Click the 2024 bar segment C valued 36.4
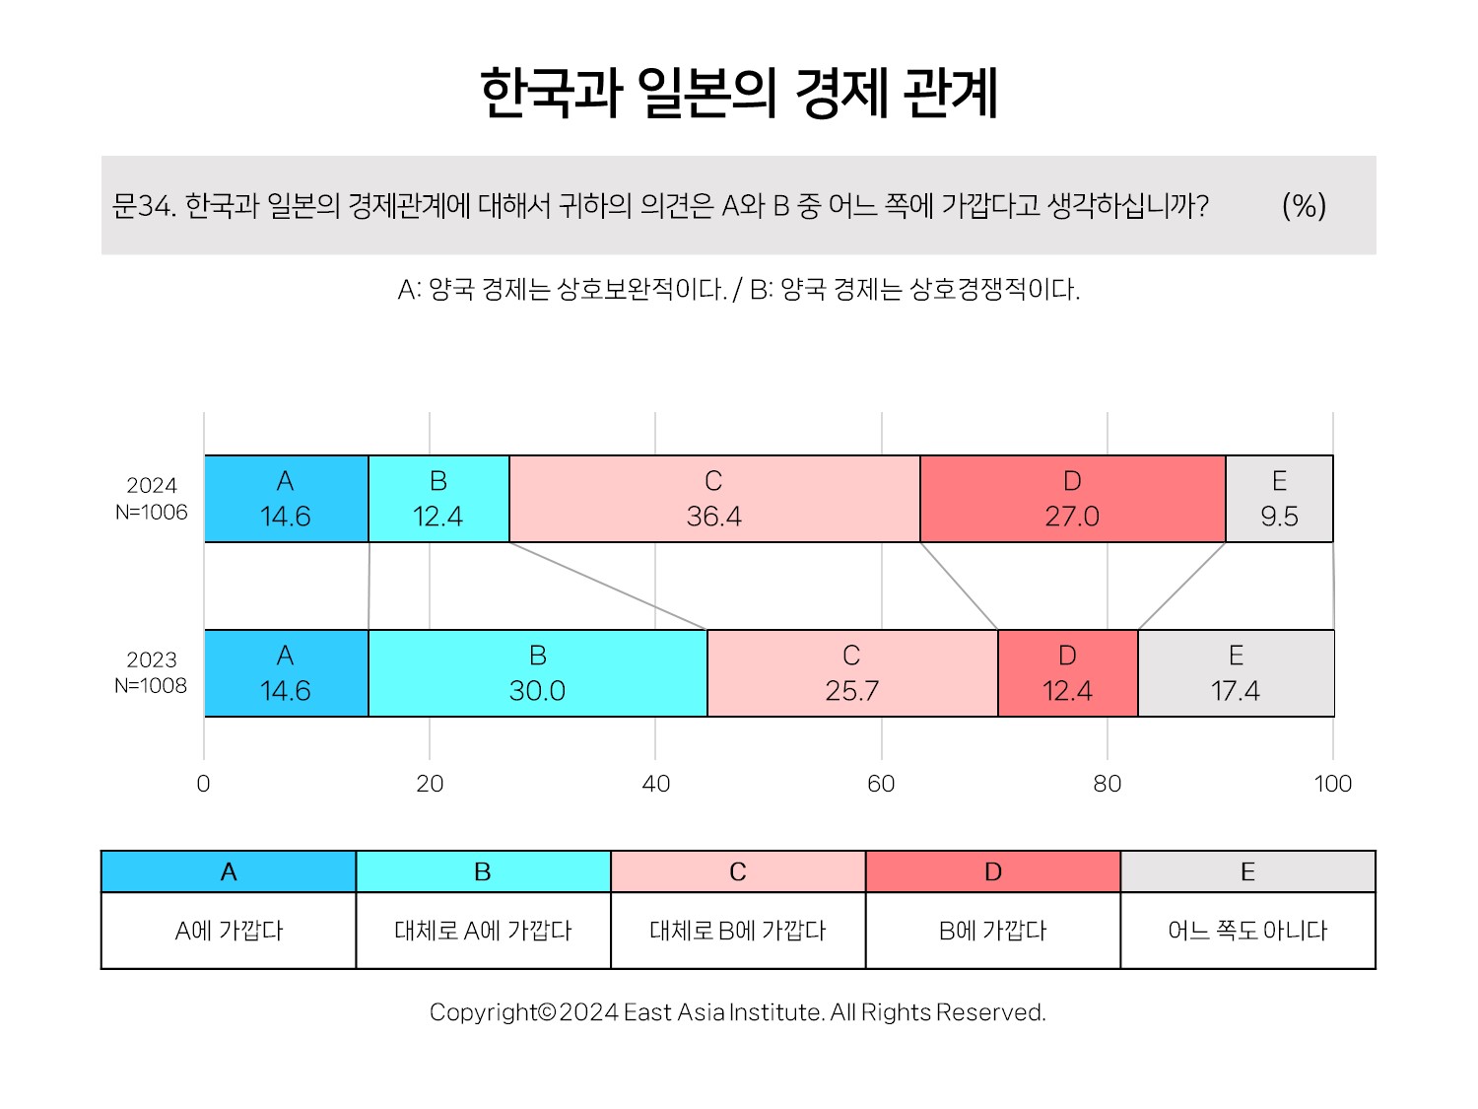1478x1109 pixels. click(x=714, y=499)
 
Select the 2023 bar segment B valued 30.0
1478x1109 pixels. click(x=538, y=673)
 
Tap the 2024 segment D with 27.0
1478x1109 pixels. click(x=1073, y=499)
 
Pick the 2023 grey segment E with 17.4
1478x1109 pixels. click(x=1237, y=673)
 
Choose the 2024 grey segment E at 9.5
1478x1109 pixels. click(x=1279, y=499)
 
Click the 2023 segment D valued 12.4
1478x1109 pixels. click(x=1068, y=673)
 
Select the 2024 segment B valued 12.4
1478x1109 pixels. click(x=439, y=499)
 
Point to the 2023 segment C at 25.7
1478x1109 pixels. click(x=852, y=673)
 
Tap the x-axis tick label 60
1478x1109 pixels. click(x=881, y=784)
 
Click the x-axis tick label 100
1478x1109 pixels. click(x=1333, y=784)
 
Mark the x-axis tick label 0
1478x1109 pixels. click(x=203, y=784)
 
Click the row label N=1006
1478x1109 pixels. click(x=152, y=513)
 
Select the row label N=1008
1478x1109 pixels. click(x=151, y=686)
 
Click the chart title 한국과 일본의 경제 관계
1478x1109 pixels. click(x=739, y=93)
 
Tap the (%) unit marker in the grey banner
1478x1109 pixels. click(x=1305, y=205)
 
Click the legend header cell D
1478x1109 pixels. click(x=993, y=871)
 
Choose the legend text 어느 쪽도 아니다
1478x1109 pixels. click(x=1247, y=931)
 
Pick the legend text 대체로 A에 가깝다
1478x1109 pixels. click(x=483, y=931)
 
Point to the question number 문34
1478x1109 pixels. click(x=144, y=205)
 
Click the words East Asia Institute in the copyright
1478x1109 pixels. click(x=722, y=1012)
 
